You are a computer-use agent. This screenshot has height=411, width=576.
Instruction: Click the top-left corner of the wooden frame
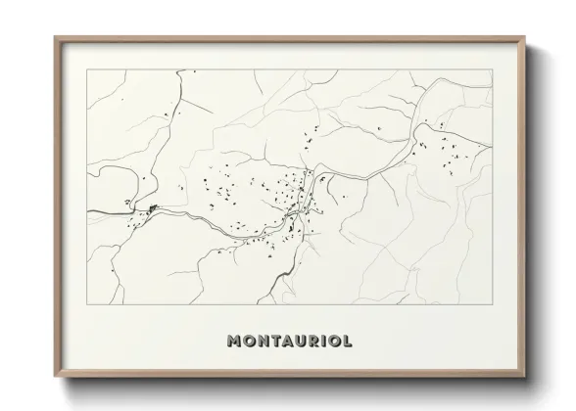click(55, 37)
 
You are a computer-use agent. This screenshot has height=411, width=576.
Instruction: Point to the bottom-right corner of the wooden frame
click(524, 376)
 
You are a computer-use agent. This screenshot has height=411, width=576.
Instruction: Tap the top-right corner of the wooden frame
click(524, 37)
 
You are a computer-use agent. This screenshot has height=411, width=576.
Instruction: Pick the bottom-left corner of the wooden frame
click(55, 376)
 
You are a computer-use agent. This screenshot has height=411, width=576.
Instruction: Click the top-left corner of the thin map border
click(86, 69)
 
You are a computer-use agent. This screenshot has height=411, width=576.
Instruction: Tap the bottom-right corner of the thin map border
click(493, 304)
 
